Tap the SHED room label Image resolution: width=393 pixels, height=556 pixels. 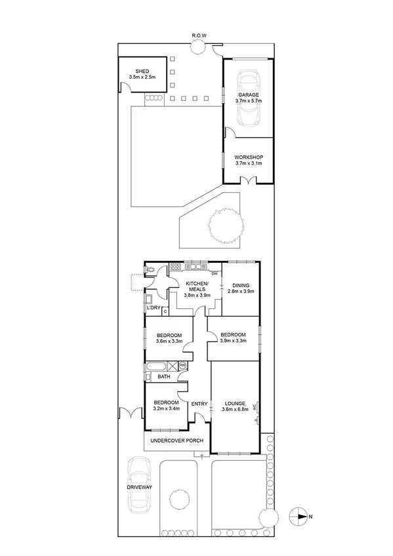[142, 71]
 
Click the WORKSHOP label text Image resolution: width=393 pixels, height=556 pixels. [249, 157]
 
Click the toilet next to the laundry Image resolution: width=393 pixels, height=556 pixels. [151, 269]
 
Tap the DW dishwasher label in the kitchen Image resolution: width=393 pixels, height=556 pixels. [214, 273]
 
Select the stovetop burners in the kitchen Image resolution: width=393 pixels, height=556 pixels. [175, 267]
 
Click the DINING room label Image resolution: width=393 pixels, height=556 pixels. [240, 285]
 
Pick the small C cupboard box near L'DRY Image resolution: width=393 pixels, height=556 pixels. [165, 311]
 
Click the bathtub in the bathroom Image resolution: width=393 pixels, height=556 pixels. [157, 367]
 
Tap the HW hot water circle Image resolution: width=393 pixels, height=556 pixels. [182, 365]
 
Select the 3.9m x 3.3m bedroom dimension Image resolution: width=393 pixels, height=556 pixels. [234, 341]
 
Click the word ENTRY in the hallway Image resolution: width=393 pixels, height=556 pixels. [199, 403]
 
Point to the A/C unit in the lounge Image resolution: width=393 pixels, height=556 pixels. [257, 410]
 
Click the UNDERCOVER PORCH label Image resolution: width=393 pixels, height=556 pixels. [176, 441]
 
